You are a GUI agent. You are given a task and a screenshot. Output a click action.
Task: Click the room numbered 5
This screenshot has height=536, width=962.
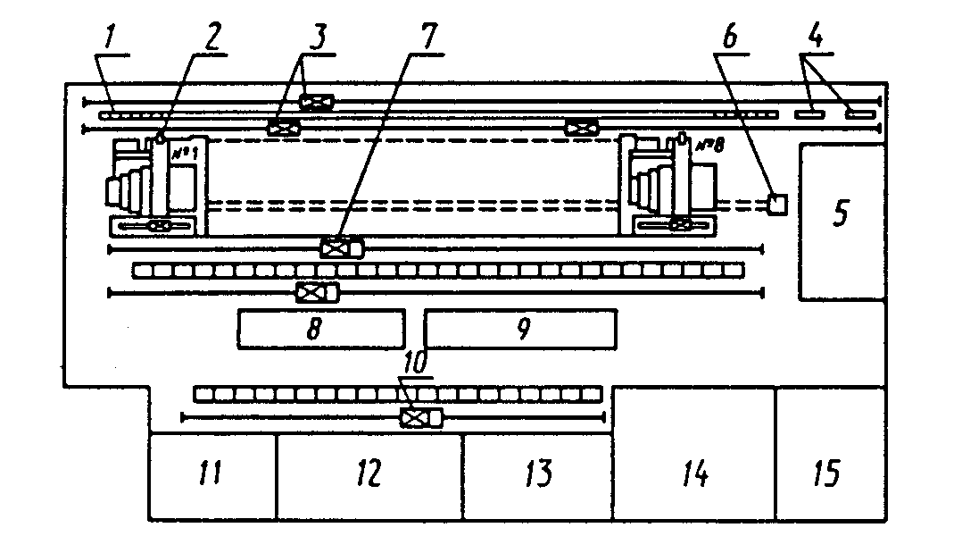click(x=842, y=222)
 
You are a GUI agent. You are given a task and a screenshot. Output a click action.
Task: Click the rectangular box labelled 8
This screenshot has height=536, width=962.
click(x=320, y=329)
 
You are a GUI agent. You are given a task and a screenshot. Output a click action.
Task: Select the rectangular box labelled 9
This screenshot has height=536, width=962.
click(x=519, y=329)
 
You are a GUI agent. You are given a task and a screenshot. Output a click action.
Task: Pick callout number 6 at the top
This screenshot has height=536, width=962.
click(x=732, y=39)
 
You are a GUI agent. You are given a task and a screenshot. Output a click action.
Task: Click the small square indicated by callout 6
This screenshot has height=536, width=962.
click(x=776, y=204)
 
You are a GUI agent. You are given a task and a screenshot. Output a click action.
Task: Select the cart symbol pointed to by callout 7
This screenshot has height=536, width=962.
click(x=342, y=247)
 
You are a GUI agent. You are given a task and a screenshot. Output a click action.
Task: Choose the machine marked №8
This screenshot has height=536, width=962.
click(x=674, y=186)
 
